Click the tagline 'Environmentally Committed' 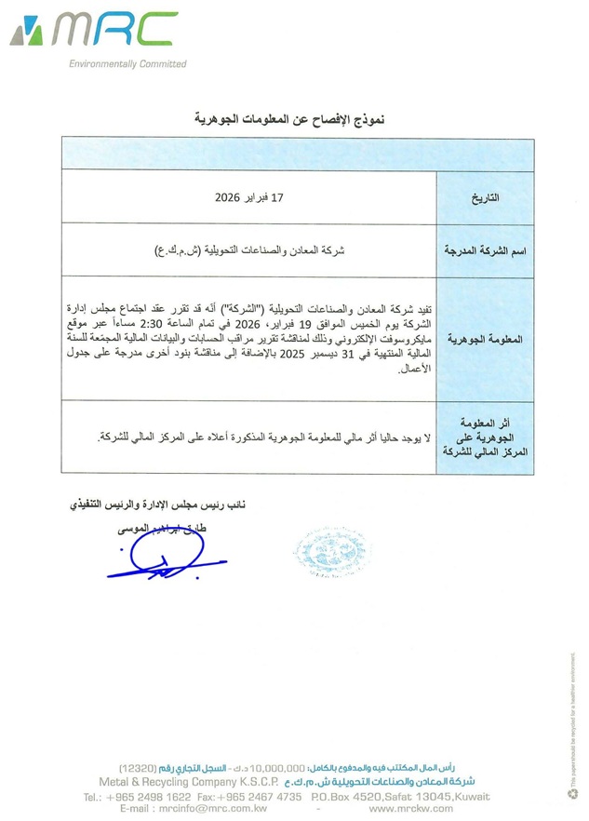127,64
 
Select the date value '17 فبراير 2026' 248,198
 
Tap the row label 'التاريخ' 487,198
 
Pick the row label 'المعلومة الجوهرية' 485,340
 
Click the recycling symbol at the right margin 572,793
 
